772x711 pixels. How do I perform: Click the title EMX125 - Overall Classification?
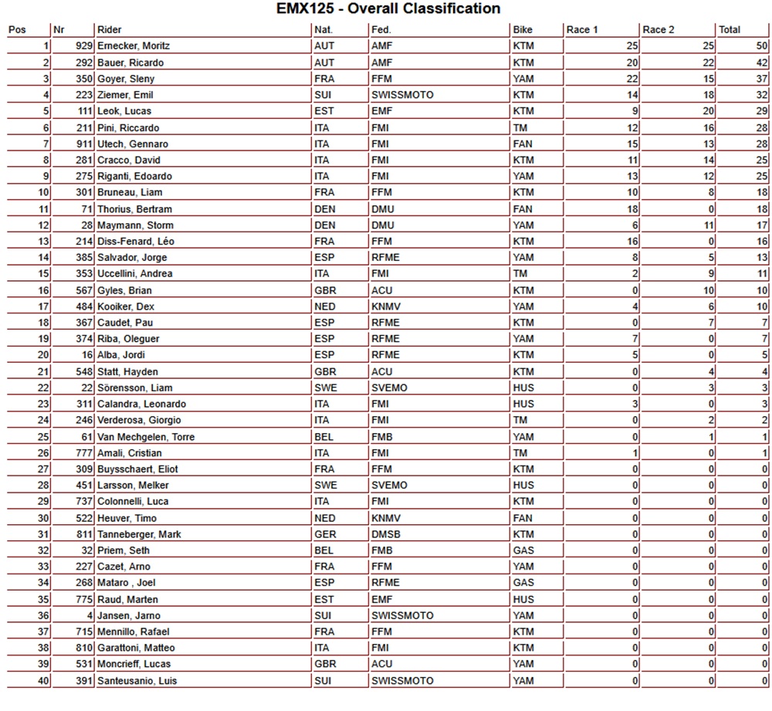click(388, 9)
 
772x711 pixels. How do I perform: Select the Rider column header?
click(109, 30)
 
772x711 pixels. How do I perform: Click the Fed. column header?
click(381, 30)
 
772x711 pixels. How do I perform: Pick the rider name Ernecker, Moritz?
click(134, 46)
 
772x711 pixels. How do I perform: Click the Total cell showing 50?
click(761, 46)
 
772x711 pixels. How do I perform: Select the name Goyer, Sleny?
click(126, 79)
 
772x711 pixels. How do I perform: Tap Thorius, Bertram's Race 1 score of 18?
click(632, 208)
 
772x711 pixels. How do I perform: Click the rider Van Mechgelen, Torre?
click(146, 437)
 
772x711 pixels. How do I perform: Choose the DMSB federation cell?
click(386, 534)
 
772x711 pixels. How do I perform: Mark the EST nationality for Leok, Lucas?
click(324, 111)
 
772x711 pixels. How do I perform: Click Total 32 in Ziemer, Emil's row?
click(761, 95)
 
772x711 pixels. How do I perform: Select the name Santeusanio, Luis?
click(137, 681)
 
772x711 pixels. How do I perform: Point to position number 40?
click(43, 681)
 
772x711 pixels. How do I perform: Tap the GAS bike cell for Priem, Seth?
click(523, 550)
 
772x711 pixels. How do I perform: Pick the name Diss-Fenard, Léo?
click(136, 242)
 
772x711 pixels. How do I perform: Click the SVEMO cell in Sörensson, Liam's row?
click(389, 388)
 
